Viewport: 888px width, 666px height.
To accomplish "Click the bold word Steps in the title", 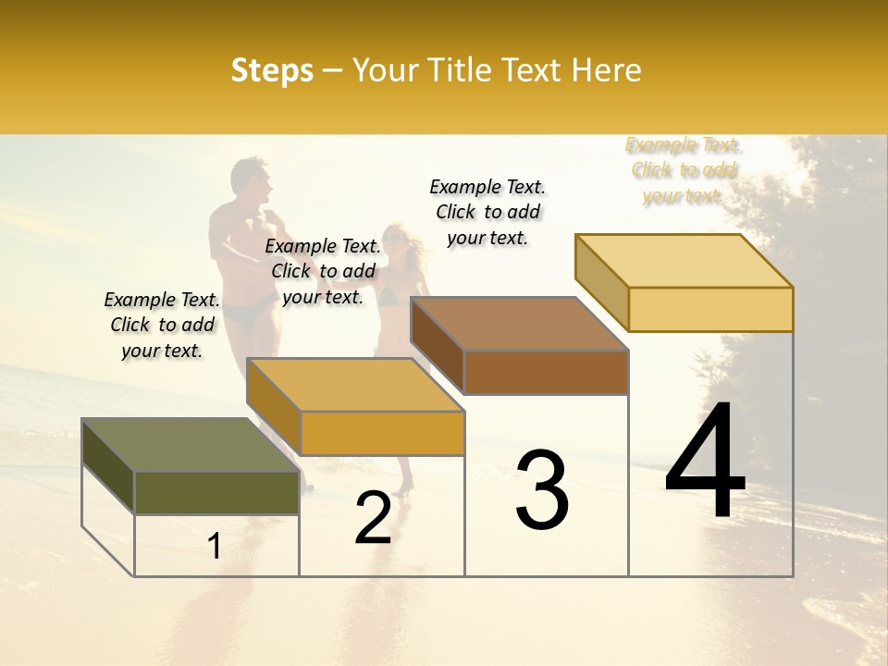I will [x=272, y=70].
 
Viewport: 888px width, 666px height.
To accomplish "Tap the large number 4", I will [x=705, y=462].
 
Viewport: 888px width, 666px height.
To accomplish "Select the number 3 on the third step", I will [x=542, y=490].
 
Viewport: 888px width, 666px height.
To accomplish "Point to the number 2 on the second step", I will [x=373, y=518].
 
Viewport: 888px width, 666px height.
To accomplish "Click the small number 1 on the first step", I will [x=215, y=546].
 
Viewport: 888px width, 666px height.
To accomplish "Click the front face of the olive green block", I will [x=216, y=492].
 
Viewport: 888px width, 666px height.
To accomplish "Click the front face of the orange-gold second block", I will [x=382, y=433].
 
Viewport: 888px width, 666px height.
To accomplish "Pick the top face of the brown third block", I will [x=519, y=324].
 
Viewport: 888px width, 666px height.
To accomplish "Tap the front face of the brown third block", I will [x=546, y=372].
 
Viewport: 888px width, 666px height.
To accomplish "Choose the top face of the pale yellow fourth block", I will [x=684, y=261].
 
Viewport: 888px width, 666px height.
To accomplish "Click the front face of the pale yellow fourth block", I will [x=710, y=309].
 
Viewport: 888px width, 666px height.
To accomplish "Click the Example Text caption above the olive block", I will [x=162, y=325].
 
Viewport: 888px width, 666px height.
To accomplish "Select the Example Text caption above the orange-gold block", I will [x=323, y=271].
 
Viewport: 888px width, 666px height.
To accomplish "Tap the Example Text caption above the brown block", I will [x=487, y=212].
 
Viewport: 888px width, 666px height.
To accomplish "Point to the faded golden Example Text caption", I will [x=683, y=170].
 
